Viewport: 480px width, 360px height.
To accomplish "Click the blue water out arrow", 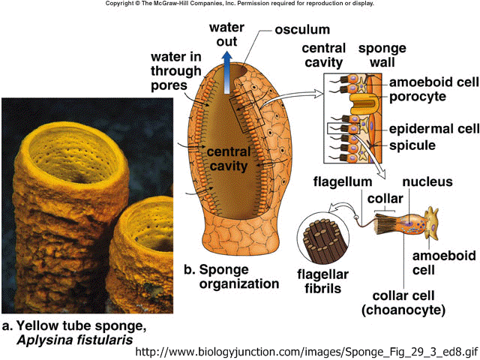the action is tap(226, 73).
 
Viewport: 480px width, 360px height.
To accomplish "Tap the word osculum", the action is tap(302, 30).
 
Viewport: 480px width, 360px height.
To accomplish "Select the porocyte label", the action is tap(418, 97).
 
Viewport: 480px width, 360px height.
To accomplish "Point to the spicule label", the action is tap(412, 145).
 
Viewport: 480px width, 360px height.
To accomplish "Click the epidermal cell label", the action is tap(434, 129).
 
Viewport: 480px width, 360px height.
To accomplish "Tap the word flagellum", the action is tap(343, 181).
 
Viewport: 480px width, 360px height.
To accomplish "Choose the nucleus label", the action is tap(427, 181).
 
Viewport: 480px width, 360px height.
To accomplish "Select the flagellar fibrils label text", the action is tap(323, 281).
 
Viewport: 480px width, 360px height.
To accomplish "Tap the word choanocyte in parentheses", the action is tap(403, 310).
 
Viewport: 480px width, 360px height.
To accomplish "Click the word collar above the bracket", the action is tap(385, 199).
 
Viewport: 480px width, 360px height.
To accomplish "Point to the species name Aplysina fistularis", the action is tap(75, 340).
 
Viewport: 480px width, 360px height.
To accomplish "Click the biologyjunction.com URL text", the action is tap(307, 352).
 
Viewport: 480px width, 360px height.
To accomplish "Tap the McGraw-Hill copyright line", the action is tap(240, 4).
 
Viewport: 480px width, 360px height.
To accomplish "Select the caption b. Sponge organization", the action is tap(232, 277).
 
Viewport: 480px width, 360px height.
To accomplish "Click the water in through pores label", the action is tap(176, 71).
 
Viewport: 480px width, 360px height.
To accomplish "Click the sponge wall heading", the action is tap(382, 55).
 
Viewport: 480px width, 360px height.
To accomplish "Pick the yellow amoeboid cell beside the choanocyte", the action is tap(431, 223).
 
